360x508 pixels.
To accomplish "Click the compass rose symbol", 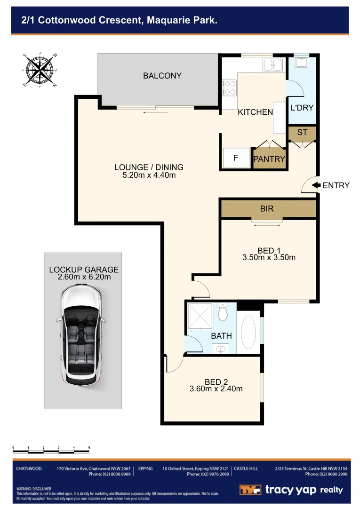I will click(40, 70).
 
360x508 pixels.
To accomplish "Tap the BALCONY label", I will click(162, 76).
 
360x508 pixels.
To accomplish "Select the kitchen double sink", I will click(272, 65).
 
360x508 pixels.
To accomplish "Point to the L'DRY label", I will click(302, 108).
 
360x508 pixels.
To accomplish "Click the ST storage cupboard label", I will click(302, 133).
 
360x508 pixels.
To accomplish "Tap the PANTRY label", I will click(269, 159).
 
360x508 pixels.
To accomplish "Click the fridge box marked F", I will click(236, 159).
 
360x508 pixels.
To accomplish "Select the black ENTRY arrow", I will click(316, 185).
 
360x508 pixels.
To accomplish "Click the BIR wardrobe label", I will click(267, 208).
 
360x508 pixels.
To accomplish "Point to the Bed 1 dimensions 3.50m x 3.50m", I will click(269, 257).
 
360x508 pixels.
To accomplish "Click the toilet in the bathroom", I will click(223, 311).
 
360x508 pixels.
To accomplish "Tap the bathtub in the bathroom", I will click(248, 332).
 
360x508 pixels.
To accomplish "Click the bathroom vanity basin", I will click(221, 349).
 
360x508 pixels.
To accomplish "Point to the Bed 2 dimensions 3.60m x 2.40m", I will click(216, 389).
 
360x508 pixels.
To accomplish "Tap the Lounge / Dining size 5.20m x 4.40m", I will click(149, 175).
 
